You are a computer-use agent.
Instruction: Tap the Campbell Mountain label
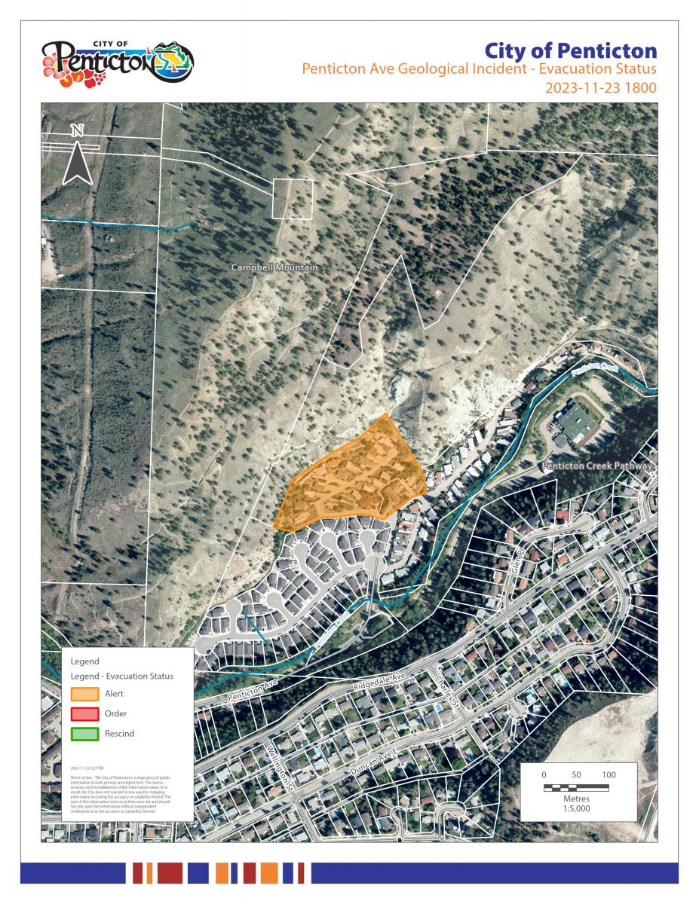(274, 268)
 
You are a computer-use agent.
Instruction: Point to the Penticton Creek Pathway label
(596, 467)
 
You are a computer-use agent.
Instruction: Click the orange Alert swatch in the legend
(84, 694)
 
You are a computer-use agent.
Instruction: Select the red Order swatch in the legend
(84, 713)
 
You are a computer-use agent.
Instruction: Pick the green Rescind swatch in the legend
(84, 733)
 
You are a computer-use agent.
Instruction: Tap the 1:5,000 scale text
(577, 808)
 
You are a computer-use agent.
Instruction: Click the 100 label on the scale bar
(609, 775)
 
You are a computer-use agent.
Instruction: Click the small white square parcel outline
(292, 199)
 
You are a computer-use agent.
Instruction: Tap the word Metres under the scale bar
(577, 798)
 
